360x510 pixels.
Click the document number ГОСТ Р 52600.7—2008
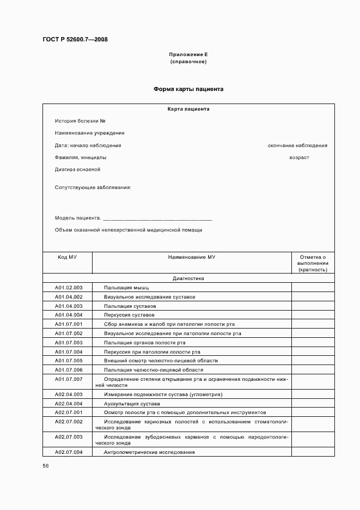click(x=75, y=39)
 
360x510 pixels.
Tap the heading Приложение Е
click(x=188, y=54)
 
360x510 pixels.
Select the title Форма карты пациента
click(x=188, y=89)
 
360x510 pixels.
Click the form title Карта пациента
click(x=188, y=109)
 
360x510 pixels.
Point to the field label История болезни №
click(x=80, y=120)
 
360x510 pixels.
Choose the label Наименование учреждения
click(x=89, y=133)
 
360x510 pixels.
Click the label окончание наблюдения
click(x=297, y=145)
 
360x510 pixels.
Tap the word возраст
click(x=299, y=157)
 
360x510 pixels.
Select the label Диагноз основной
click(x=77, y=169)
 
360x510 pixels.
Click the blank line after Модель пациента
click(x=157, y=218)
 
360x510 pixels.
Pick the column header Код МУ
click(x=68, y=257)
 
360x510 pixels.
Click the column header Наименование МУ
click(x=192, y=257)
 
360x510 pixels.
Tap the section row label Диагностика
click(x=188, y=278)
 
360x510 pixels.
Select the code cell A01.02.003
click(x=68, y=287)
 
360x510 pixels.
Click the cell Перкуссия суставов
click(x=129, y=315)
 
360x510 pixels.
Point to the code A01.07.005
click(x=68, y=361)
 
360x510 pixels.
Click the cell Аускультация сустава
click(x=132, y=404)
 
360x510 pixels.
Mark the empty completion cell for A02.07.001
click(x=313, y=412)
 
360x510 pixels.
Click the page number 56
click(x=46, y=466)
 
